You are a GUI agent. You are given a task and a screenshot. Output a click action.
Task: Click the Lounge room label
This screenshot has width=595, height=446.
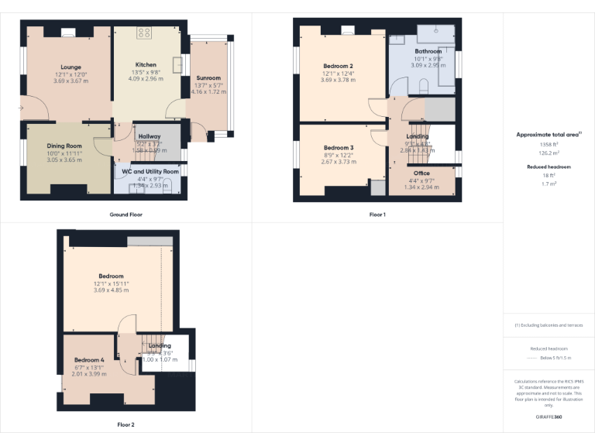71,67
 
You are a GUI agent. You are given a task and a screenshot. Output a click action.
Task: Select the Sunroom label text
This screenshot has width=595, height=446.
208,77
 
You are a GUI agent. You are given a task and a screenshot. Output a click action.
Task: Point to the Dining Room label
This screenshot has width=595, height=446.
64,146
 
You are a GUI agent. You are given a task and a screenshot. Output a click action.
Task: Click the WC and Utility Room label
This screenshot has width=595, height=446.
150,171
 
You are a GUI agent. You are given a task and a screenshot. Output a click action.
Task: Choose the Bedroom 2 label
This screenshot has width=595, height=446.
339,66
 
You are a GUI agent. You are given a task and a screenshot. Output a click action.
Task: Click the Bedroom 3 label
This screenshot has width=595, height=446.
339,147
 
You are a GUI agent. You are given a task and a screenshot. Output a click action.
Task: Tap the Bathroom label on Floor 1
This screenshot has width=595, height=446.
428,51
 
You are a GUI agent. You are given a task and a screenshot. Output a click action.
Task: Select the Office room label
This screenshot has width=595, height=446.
421,173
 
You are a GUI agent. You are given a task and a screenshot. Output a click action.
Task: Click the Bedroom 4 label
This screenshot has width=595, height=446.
88,360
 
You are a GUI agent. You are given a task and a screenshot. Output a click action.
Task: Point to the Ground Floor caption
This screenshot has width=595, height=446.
126,214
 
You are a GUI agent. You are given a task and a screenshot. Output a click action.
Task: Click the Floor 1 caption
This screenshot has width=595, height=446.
377,214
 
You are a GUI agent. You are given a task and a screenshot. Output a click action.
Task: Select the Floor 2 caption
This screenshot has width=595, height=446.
126,424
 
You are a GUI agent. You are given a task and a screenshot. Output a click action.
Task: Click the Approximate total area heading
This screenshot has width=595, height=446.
549,134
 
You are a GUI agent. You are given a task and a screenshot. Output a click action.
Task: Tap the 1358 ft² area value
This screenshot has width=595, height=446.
549,144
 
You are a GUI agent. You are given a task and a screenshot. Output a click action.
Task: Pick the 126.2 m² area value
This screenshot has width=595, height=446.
549,153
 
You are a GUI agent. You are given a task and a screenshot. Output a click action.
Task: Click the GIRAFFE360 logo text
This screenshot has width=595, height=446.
549,417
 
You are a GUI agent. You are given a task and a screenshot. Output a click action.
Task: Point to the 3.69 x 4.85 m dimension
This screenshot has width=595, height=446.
111,290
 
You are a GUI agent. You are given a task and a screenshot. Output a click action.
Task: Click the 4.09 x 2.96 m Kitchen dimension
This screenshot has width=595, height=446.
146,78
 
